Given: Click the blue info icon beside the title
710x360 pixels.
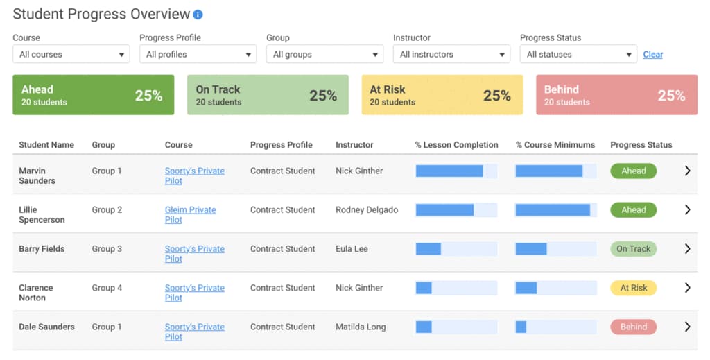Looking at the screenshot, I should (198, 15).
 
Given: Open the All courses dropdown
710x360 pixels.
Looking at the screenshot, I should (71, 54).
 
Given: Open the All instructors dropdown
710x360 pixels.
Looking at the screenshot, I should (451, 54).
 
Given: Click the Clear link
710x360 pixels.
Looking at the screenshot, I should (652, 54).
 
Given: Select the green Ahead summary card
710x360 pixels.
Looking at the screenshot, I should (93, 95).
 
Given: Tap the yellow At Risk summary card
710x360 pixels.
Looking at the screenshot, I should (442, 95).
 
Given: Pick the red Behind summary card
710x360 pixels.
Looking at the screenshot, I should (616, 95).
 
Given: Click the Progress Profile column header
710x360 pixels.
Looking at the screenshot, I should (281, 145).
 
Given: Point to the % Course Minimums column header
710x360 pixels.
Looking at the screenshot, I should (555, 145).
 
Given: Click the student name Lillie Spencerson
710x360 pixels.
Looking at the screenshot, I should (42, 214).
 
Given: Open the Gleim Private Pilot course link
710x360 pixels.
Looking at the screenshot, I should (190, 214).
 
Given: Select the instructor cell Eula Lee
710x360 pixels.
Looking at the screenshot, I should (352, 249).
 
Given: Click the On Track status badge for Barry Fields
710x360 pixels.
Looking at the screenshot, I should (633, 249).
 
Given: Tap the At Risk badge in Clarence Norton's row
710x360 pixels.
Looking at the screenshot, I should (633, 288).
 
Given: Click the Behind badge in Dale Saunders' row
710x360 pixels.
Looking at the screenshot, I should (633, 327).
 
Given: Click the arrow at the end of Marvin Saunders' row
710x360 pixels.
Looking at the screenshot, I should (687, 171).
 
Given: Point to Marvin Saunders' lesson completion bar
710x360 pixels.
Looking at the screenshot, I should (456, 171).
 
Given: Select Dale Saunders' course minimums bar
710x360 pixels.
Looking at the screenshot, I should (555, 327).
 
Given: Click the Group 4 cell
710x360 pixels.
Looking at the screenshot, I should (107, 288).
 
